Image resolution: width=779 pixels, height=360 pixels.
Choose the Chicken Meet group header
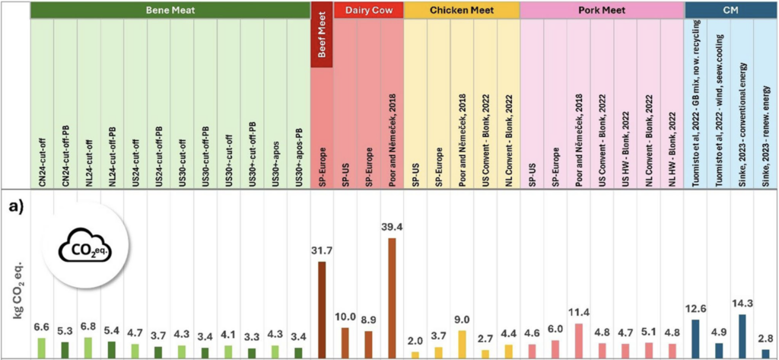coord(461,10)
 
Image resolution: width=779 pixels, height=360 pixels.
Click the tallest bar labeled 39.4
coord(392,298)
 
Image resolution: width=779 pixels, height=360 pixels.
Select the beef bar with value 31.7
coord(322,309)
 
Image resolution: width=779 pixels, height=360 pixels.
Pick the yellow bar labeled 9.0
coord(462,343)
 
